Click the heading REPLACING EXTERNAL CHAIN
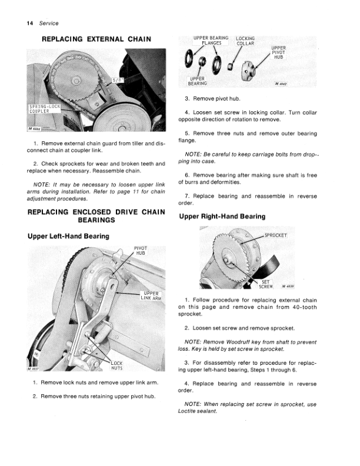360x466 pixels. click(96, 39)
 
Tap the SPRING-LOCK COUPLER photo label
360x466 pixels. click(45, 110)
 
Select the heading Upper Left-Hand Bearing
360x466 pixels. click(68, 236)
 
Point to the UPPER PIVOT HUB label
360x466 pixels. click(278, 53)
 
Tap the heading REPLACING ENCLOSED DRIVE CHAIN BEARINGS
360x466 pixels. click(96, 215)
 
